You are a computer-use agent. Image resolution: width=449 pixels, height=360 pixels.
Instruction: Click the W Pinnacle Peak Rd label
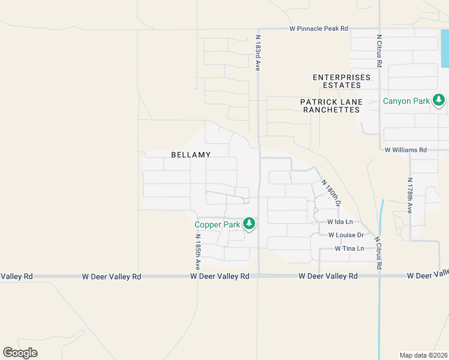point(318,28)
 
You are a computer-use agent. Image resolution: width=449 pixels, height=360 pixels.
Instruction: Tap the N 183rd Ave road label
point(258,53)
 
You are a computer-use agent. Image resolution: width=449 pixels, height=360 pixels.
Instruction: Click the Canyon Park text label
point(406,101)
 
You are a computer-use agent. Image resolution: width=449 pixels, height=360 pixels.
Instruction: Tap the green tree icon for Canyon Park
point(439,100)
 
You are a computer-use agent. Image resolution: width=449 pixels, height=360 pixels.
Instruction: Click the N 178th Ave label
point(410,196)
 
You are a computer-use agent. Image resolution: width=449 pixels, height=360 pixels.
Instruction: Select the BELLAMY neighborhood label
point(191,155)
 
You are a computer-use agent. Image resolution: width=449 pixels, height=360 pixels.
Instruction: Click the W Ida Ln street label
point(340,222)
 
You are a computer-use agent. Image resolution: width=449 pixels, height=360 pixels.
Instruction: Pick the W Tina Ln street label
point(349,248)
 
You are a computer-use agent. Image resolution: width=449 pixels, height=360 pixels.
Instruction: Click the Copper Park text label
point(217,225)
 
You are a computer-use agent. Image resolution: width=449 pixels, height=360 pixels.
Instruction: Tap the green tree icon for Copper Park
point(249,224)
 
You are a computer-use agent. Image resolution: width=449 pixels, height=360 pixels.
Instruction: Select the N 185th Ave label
point(197,250)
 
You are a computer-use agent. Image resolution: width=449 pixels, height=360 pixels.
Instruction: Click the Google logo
point(20,353)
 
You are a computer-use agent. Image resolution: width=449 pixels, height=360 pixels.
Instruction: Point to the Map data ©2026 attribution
point(424,355)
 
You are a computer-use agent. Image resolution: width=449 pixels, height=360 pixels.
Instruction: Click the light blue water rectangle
point(445,48)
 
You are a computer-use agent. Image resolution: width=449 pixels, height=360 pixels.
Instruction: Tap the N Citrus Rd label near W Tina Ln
point(379,252)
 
